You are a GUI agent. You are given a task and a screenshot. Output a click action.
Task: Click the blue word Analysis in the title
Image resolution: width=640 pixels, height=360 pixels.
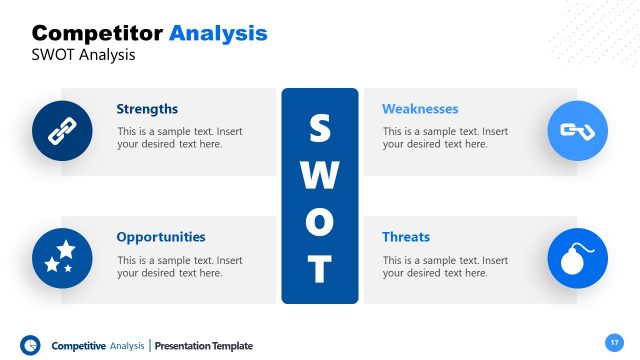(218, 33)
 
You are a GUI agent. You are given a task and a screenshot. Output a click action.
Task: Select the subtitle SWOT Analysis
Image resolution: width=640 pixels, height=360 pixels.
(84, 55)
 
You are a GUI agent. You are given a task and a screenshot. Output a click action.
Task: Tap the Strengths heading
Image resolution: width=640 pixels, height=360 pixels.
(147, 109)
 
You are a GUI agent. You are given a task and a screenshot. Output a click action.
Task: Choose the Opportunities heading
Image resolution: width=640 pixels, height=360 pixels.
(161, 237)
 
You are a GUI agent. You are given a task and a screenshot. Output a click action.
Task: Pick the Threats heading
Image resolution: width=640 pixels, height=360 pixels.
(406, 237)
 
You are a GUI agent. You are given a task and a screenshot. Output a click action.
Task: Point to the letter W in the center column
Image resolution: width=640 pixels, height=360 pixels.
(319, 176)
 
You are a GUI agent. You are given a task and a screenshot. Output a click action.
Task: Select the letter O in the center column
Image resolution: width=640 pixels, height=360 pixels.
(319, 222)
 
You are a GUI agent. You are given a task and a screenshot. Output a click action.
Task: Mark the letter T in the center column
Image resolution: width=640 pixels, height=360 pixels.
(319, 268)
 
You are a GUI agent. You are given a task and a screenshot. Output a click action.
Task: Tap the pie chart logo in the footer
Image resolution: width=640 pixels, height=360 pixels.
(30, 345)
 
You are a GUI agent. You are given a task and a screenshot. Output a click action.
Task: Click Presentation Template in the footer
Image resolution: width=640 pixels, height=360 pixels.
(205, 346)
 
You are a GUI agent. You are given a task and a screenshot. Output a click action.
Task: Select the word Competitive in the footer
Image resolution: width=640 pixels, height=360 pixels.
(79, 346)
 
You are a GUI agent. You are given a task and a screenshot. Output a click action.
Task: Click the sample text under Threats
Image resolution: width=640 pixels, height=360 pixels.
(444, 267)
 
